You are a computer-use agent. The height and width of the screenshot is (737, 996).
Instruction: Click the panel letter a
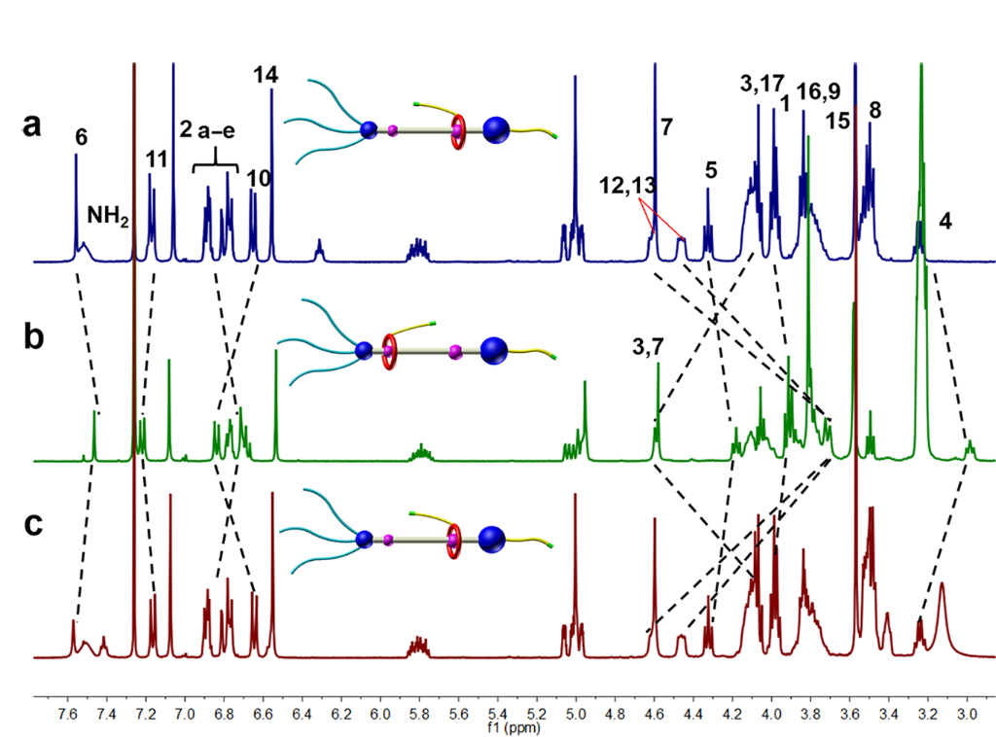pyautogui.click(x=35, y=127)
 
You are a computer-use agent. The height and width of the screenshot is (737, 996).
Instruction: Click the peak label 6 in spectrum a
pyautogui.click(x=81, y=138)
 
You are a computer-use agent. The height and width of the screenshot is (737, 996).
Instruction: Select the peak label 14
pyautogui.click(x=265, y=74)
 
